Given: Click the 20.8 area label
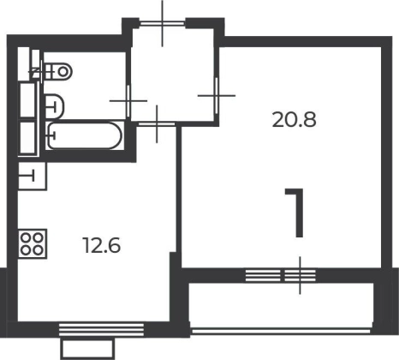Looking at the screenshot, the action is click(x=295, y=120).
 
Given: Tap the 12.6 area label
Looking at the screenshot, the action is click(x=102, y=245).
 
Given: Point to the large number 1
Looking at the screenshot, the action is click(x=295, y=213).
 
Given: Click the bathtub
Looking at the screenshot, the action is click(x=85, y=135).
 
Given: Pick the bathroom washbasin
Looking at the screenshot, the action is click(x=54, y=106).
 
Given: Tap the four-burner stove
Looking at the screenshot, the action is click(x=33, y=243).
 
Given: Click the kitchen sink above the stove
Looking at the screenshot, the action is click(x=33, y=176).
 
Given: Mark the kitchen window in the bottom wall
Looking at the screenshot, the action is click(x=101, y=329).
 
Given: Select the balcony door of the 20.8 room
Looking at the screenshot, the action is click(x=300, y=276).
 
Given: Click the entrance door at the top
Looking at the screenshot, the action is click(x=163, y=23).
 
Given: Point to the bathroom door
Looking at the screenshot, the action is click(x=128, y=101).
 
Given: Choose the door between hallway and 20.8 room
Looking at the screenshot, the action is click(x=217, y=96).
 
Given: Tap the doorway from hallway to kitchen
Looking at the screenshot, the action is click(x=157, y=123).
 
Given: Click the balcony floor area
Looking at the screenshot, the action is click(x=281, y=305).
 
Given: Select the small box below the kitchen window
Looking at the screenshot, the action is click(x=87, y=348).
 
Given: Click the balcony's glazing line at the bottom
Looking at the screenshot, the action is click(x=281, y=332).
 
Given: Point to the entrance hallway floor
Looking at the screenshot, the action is click(x=172, y=75).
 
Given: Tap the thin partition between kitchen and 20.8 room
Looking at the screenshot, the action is click(x=178, y=197).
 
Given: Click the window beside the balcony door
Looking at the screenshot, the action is click(x=263, y=276).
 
